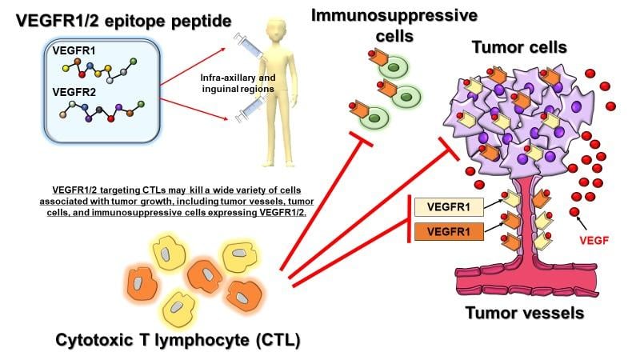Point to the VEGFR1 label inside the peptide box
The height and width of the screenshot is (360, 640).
click(71, 50)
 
